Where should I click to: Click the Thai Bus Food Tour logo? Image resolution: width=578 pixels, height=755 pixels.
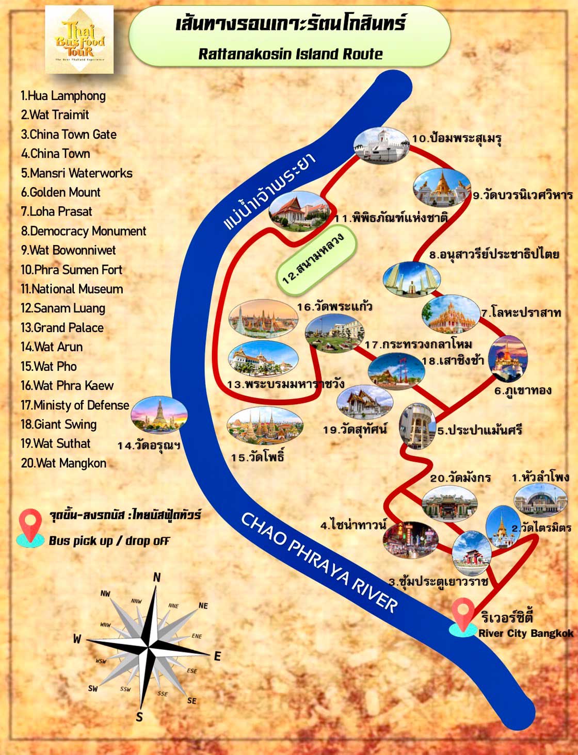79,40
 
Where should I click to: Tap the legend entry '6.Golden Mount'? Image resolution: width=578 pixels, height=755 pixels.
61,192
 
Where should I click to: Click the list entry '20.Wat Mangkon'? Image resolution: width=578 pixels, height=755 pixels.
63,463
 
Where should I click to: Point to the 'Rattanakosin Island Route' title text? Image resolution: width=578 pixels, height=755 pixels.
291,54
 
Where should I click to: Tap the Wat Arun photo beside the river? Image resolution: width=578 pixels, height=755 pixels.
159,414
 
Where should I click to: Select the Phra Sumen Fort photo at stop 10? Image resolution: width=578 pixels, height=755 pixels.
380,146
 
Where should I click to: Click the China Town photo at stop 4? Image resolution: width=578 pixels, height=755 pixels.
410,540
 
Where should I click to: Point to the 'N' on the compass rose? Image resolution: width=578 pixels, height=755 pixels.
157,578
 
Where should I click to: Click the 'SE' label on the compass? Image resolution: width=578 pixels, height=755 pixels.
191,700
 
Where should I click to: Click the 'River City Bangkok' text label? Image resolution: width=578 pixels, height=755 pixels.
525,633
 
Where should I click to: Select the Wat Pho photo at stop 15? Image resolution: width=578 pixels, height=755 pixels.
265,426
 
